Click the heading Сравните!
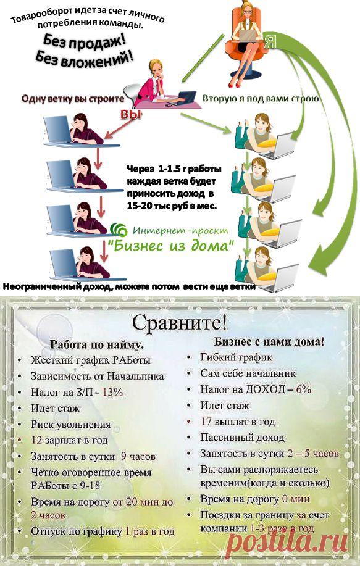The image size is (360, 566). (x=180, y=323)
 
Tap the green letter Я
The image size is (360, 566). (x=269, y=42)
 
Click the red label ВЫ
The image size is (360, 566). (x=130, y=114)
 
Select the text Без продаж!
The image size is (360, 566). (x=84, y=42)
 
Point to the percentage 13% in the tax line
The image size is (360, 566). (x=112, y=393)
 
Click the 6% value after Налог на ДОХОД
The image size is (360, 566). (x=303, y=389)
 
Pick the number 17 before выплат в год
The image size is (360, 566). (x=206, y=422)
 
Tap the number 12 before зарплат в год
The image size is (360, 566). (x=36, y=440)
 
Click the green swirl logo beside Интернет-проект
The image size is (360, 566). (x=119, y=230)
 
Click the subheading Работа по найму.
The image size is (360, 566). (x=97, y=344)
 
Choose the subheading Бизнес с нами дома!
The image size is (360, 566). (x=269, y=341)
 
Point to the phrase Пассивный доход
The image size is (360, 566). (x=242, y=438)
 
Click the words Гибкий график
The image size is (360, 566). (x=236, y=358)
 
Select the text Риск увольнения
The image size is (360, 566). (x=71, y=425)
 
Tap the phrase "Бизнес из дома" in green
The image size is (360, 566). (x=172, y=246)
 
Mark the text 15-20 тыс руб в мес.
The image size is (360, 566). (x=172, y=206)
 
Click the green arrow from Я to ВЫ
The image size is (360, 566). (x=203, y=58)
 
